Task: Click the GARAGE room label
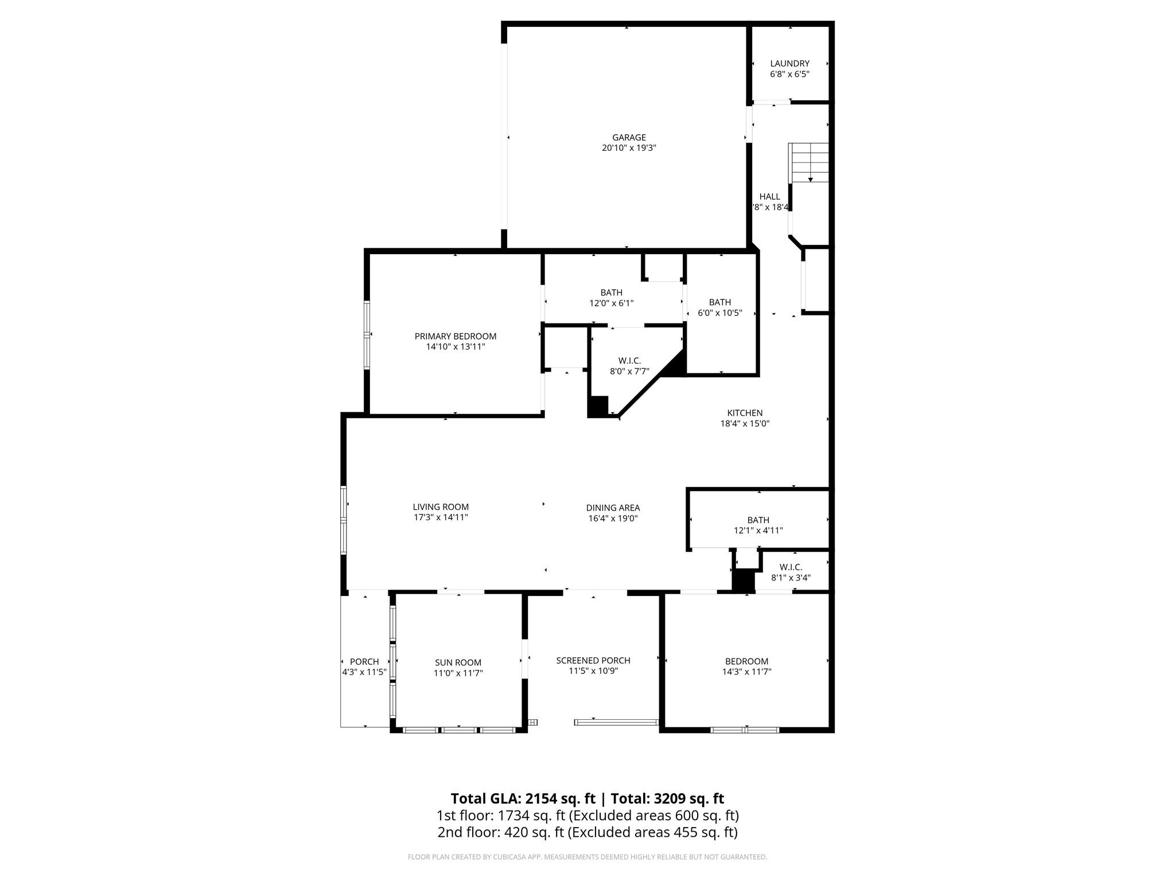coord(629,138)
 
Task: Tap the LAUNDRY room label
coord(789,64)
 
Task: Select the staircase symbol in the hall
coord(810,162)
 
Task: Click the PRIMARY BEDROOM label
coord(456,336)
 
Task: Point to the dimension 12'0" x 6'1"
coord(612,303)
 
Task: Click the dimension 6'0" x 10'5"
coord(719,313)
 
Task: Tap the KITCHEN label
coord(745,413)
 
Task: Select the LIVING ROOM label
coord(441,507)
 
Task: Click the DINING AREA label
coord(613,508)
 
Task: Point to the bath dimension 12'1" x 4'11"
coord(758,531)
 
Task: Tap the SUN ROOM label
coord(458,662)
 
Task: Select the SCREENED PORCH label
coord(593,661)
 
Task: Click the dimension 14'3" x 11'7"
coord(746,672)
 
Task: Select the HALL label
coord(769,197)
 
